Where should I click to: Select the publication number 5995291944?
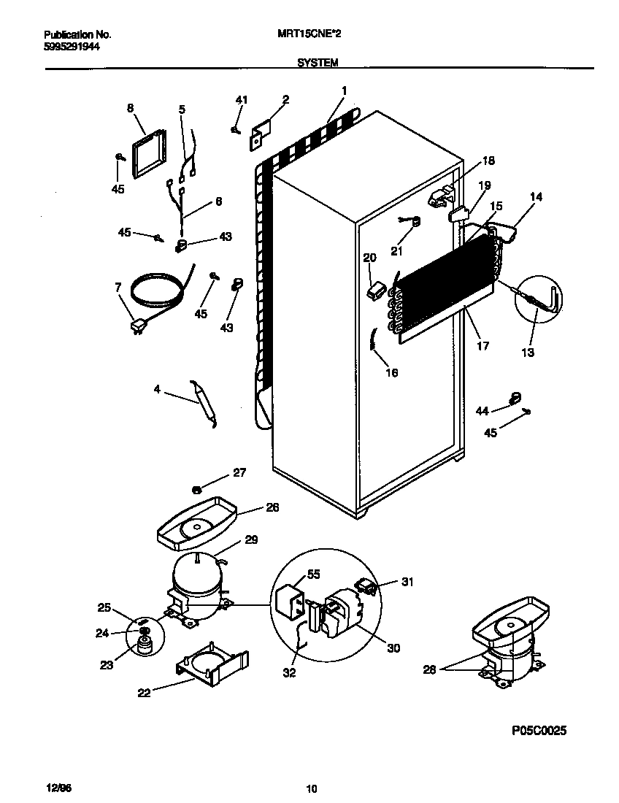click(72, 45)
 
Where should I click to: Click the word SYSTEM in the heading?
click(318, 64)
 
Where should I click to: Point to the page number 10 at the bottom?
click(312, 788)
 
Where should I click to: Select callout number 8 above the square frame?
click(130, 108)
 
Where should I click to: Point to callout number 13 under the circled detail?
click(527, 353)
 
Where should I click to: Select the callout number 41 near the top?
click(242, 100)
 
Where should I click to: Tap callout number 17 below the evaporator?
click(482, 347)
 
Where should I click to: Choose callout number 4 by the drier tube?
click(156, 390)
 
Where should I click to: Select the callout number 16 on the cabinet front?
click(391, 372)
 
